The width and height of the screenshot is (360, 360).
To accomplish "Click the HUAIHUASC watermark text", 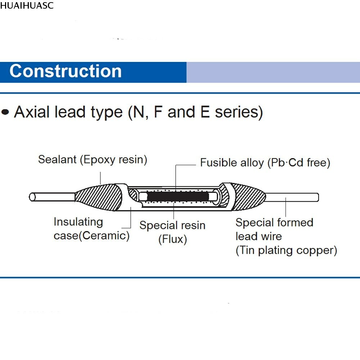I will tap(27, 5).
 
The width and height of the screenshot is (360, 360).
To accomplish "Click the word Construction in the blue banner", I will tap(66, 71).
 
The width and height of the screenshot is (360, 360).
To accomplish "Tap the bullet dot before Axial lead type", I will tap(5, 112).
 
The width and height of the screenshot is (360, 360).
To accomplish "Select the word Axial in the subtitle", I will tap(32, 112).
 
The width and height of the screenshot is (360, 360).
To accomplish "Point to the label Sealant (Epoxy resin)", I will tap(93, 159).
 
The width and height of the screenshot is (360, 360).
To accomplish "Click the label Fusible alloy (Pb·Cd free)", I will tap(265, 163).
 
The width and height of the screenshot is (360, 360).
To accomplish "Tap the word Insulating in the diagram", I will tap(78, 222).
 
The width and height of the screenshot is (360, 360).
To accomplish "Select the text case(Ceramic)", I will tap(91, 236).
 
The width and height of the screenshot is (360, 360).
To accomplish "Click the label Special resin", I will tap(172, 226).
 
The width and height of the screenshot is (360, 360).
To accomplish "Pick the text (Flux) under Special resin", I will tap(172, 239).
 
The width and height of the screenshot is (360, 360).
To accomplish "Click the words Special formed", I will tap(274, 222).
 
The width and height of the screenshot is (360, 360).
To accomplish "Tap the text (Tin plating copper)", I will tap(286, 251).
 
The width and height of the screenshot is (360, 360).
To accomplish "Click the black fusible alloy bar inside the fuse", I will tap(179, 197).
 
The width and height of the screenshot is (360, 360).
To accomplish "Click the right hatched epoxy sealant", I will tap(248, 197).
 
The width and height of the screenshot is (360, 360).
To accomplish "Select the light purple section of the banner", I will tap(273, 72).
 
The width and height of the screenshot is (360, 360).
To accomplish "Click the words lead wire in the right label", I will tap(258, 237).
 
